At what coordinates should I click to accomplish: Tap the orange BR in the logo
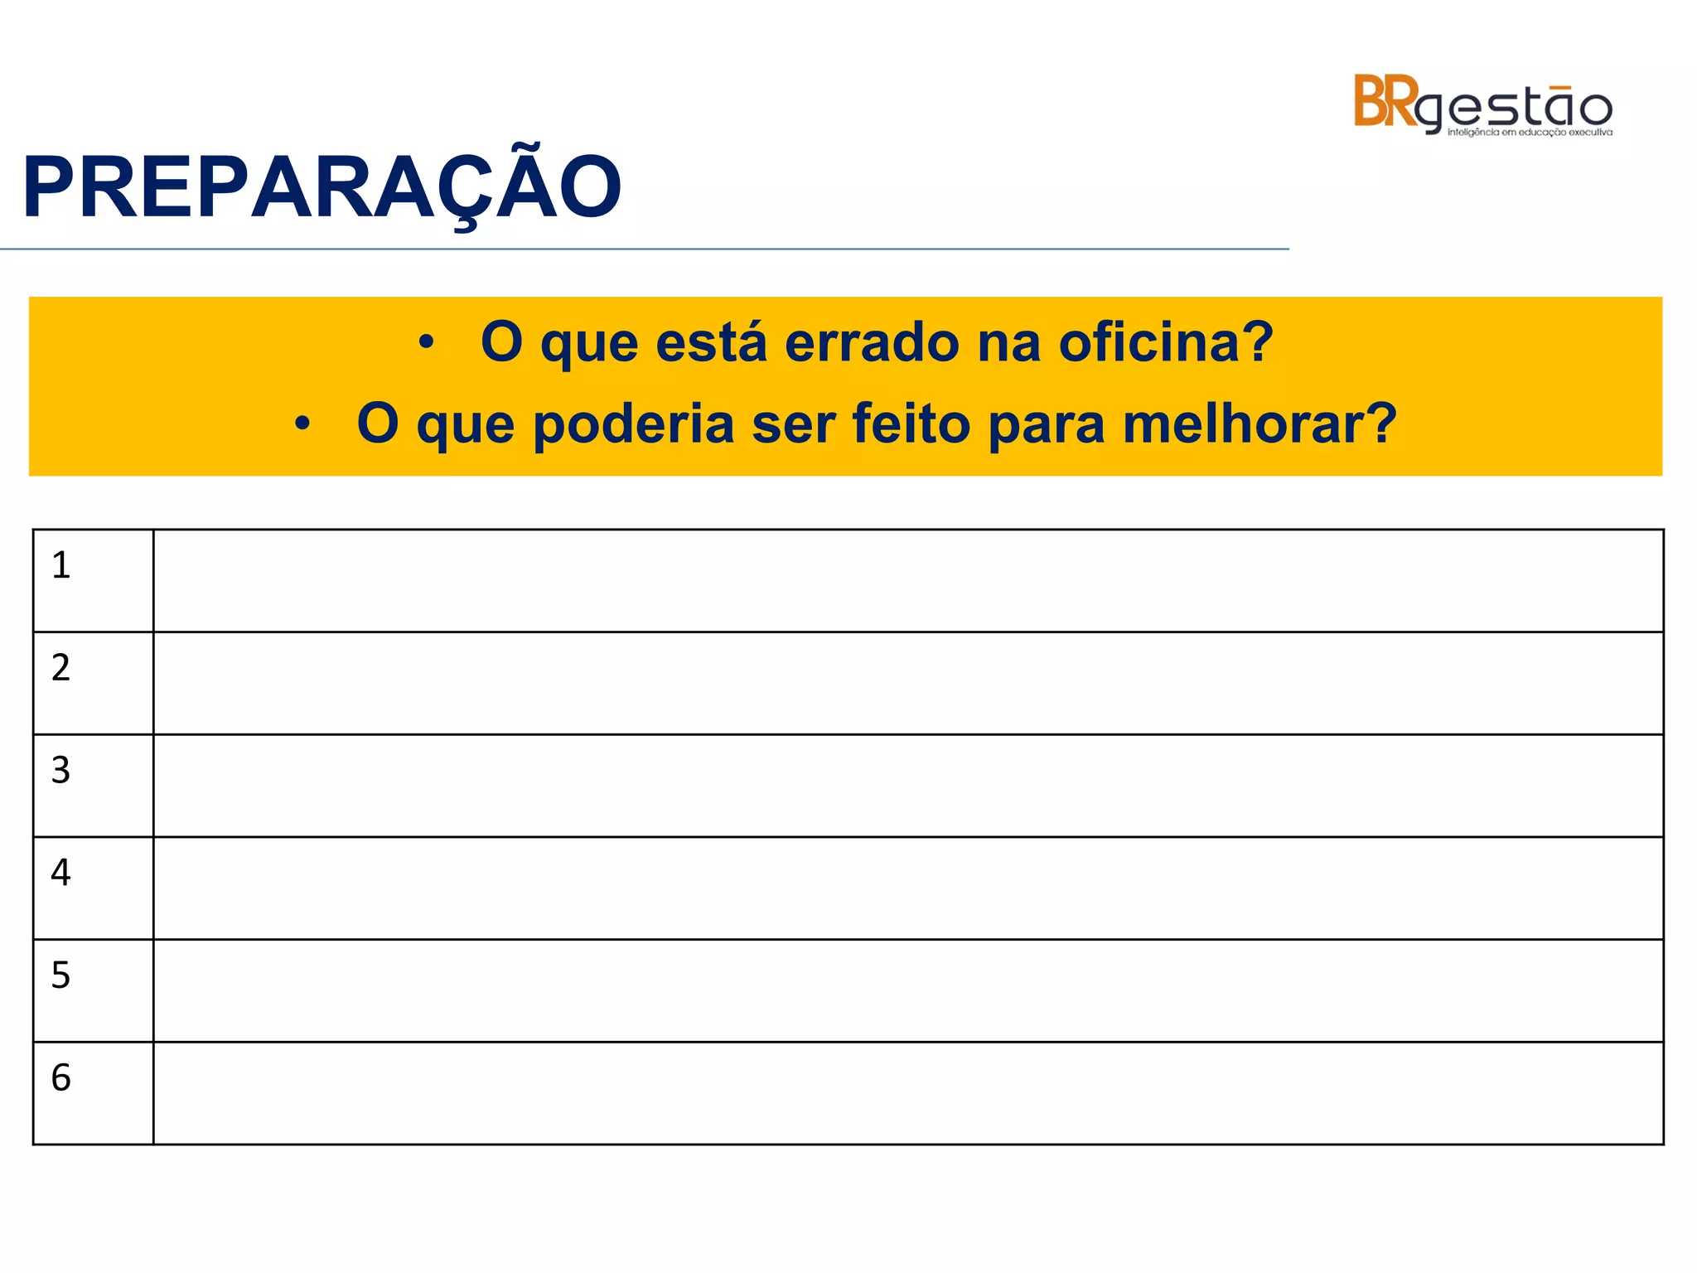(x=1385, y=102)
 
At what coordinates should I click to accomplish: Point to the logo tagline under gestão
(x=1530, y=133)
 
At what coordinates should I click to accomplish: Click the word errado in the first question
(x=872, y=342)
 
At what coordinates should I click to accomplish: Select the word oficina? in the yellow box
(x=1166, y=342)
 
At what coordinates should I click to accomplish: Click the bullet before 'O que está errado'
(x=426, y=342)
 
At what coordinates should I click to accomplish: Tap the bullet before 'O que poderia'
(x=302, y=424)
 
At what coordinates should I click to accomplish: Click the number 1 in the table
(x=60, y=565)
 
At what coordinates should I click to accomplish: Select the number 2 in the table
(x=60, y=667)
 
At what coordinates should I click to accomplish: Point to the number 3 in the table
(x=60, y=770)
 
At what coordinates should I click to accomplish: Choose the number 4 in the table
(x=60, y=872)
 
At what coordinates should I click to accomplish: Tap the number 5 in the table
(x=60, y=975)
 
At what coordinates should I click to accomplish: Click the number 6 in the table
(x=60, y=1077)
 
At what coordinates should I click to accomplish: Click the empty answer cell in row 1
(x=908, y=581)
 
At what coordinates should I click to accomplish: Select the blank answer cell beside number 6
(x=908, y=1093)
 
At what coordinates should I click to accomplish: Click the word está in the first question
(x=711, y=342)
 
